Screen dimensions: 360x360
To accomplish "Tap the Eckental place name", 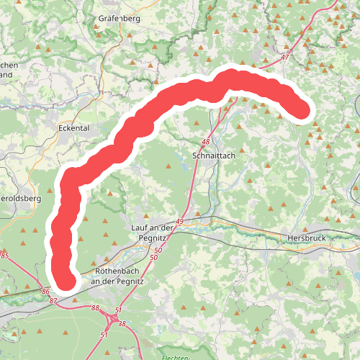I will click(x=76, y=127).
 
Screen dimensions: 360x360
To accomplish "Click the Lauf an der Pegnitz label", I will click(x=153, y=232).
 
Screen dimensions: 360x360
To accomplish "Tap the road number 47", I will click(x=285, y=57).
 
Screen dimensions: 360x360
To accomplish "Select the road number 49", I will click(x=179, y=222).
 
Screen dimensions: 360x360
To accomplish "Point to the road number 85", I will click(x=5, y=256).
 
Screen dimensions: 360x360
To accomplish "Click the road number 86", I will click(x=46, y=292).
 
